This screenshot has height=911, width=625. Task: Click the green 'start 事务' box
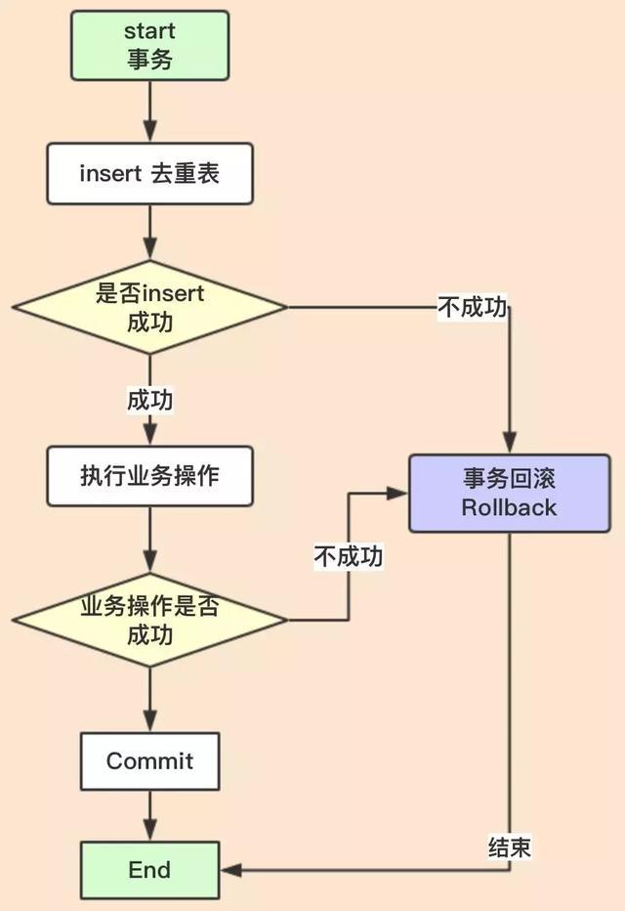click(x=149, y=45)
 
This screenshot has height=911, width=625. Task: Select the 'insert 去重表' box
click(x=149, y=174)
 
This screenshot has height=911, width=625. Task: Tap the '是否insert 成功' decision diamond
click(x=149, y=307)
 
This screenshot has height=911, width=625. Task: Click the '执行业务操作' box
click(x=149, y=476)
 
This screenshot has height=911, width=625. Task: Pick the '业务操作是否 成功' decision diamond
click(x=149, y=621)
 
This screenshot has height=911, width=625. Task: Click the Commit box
click(x=149, y=761)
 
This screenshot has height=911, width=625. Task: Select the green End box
click(x=149, y=870)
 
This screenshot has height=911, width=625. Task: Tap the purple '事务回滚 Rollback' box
click(x=509, y=494)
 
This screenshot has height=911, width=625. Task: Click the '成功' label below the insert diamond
click(x=149, y=400)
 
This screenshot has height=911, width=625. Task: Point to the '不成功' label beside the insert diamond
click(x=472, y=308)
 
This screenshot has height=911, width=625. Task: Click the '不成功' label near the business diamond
click(x=349, y=556)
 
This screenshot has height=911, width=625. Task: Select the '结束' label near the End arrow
click(x=509, y=846)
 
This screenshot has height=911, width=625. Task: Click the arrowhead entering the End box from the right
click(x=230, y=870)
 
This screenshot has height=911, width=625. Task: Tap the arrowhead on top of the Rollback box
click(x=509, y=446)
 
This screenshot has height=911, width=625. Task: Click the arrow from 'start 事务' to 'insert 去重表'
click(x=149, y=111)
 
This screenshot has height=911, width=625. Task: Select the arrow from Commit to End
click(x=149, y=815)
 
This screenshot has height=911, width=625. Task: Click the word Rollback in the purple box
click(x=509, y=507)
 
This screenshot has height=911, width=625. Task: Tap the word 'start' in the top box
click(x=149, y=30)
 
